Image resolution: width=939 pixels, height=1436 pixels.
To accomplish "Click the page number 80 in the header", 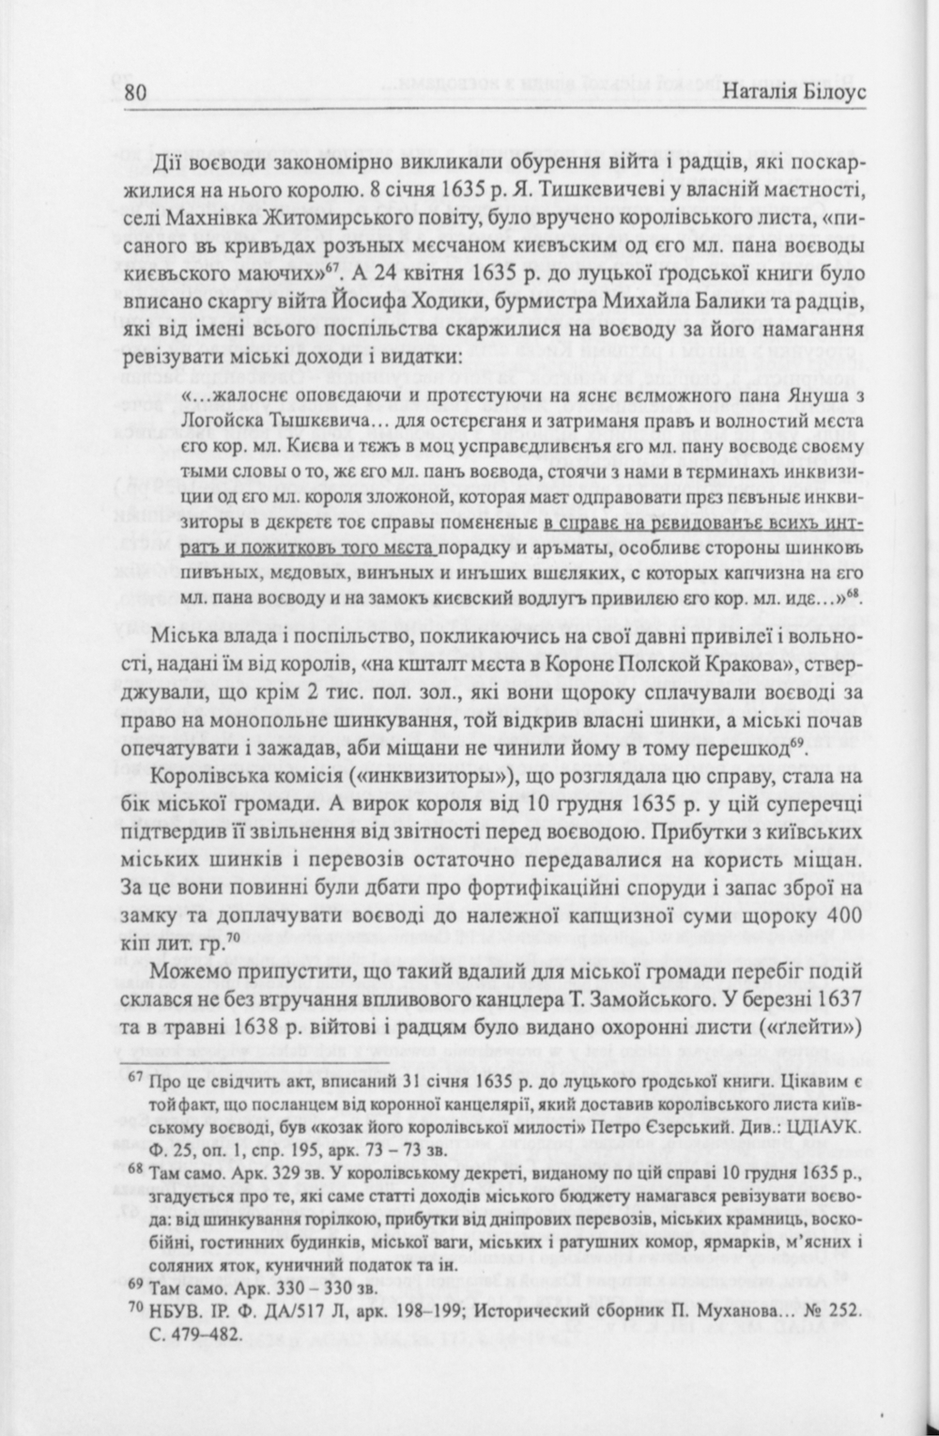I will [135, 92].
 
